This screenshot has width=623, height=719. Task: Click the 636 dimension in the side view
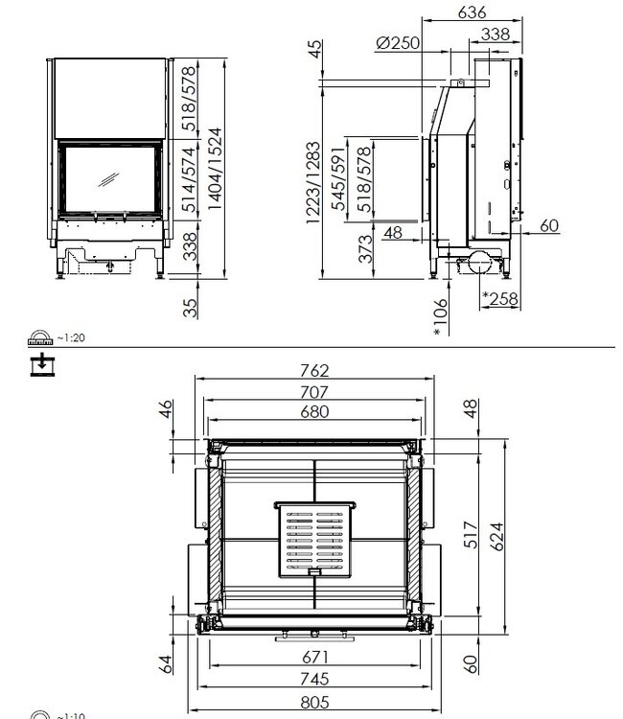tap(473, 12)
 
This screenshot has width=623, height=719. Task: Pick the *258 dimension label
tap(498, 299)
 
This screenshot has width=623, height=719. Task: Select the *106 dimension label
tap(439, 315)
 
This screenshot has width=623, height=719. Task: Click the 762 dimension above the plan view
tap(313, 371)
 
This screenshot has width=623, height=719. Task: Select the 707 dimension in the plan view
tap(313, 392)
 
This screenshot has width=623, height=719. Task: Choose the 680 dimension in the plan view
tap(313, 412)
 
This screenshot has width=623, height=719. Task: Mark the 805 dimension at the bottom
tap(313, 701)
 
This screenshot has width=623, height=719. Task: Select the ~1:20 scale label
tap(73, 337)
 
